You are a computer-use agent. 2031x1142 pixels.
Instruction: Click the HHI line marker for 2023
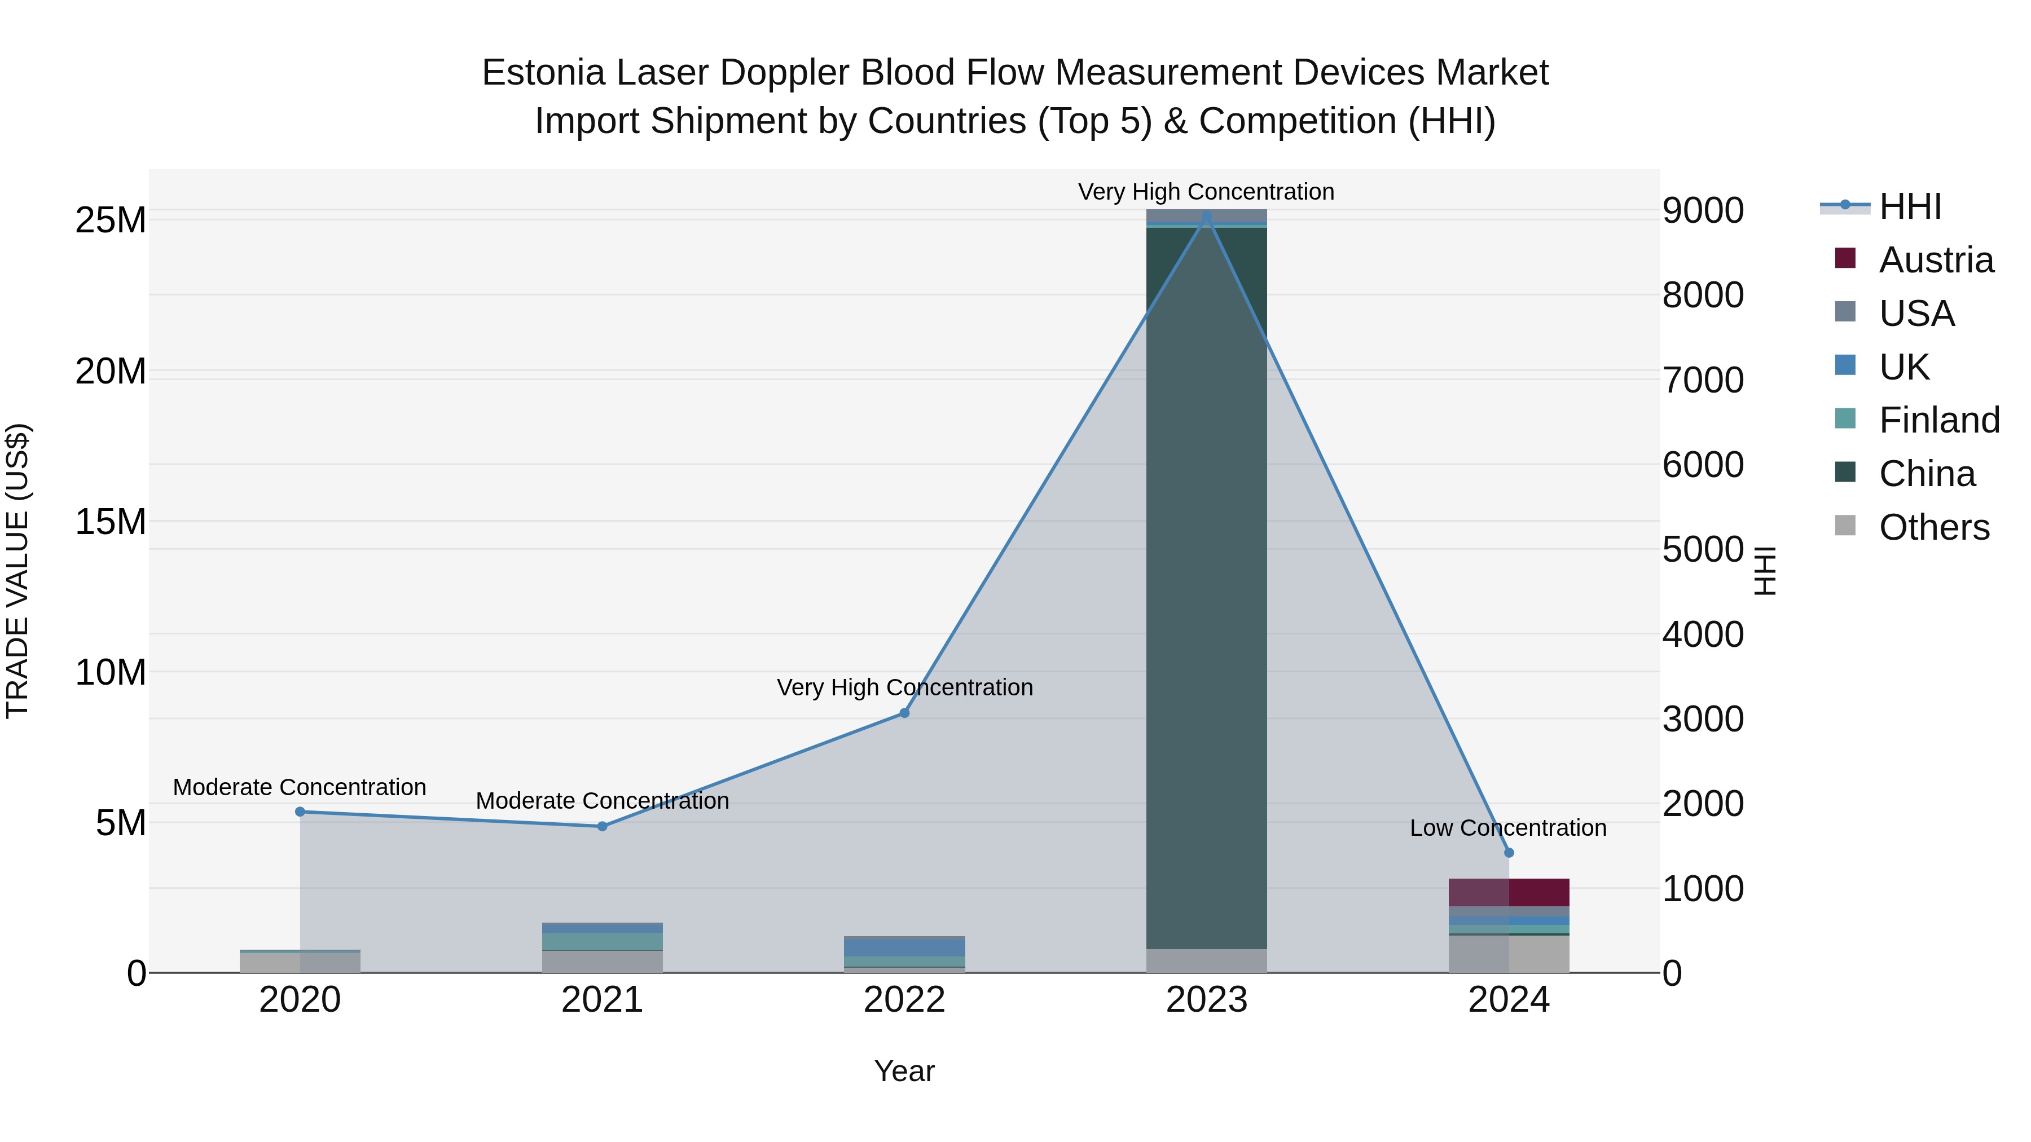point(1206,215)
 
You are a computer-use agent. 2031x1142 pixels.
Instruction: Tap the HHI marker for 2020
point(300,812)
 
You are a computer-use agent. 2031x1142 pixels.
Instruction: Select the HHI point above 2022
point(904,713)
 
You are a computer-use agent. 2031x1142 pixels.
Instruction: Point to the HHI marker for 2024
point(1509,853)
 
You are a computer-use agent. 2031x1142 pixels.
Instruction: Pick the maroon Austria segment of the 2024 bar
point(1509,892)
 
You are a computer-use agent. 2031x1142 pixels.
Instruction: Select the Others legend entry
point(1933,527)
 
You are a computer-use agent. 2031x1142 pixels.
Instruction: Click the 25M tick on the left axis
point(111,221)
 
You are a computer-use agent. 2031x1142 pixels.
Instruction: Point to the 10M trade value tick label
point(111,673)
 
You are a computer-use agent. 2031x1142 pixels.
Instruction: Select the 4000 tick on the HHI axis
point(1703,634)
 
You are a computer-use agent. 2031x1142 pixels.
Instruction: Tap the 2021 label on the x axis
point(603,1000)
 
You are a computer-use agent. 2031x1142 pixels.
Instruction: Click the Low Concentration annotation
point(1507,828)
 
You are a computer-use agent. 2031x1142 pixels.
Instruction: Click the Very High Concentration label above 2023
point(1206,192)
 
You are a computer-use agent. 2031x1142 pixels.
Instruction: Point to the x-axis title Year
point(904,1071)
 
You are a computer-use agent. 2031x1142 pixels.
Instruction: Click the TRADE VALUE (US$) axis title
point(17,571)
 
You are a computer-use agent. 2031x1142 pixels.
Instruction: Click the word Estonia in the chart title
point(543,73)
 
